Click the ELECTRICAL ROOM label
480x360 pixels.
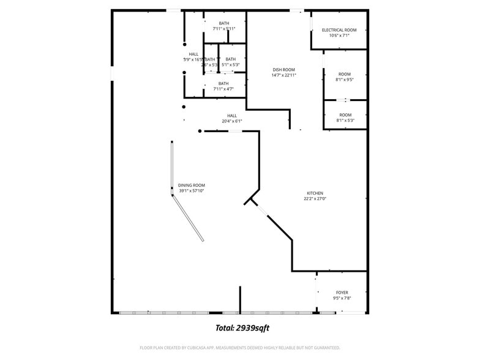point(339,29)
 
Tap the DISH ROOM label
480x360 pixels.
point(284,70)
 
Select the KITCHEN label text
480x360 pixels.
point(315,193)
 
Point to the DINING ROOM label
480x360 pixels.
point(192,185)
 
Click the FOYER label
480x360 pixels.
point(342,293)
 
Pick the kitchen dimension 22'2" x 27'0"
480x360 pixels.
point(315,199)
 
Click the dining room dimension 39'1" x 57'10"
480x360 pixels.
point(192,191)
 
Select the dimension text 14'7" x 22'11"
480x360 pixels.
point(284,75)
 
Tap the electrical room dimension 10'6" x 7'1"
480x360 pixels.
point(339,36)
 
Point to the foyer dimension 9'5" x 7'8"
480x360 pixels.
point(342,299)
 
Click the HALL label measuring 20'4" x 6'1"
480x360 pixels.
point(232,115)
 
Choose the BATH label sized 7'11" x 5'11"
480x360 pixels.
point(224,23)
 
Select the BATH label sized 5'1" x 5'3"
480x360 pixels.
point(230,59)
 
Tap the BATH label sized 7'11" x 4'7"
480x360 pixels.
point(223,83)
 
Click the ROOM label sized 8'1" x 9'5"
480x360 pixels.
point(345,74)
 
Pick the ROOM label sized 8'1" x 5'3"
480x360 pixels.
point(345,114)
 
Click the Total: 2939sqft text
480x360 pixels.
point(242,328)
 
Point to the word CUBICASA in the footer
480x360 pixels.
point(200,348)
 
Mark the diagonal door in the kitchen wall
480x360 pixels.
point(262,211)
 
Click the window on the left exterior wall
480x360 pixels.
point(112,73)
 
